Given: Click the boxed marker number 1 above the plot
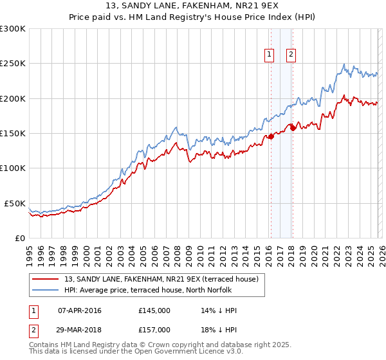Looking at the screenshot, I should coord(268,55).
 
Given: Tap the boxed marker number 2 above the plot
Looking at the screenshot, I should coord(291,55).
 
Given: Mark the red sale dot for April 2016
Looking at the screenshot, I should coord(271,136).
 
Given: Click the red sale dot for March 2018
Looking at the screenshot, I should coord(293,127).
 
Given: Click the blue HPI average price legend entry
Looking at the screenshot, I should coord(155,290).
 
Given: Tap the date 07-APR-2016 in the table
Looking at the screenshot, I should coord(79,310).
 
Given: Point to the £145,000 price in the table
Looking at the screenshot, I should coord(154,310).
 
